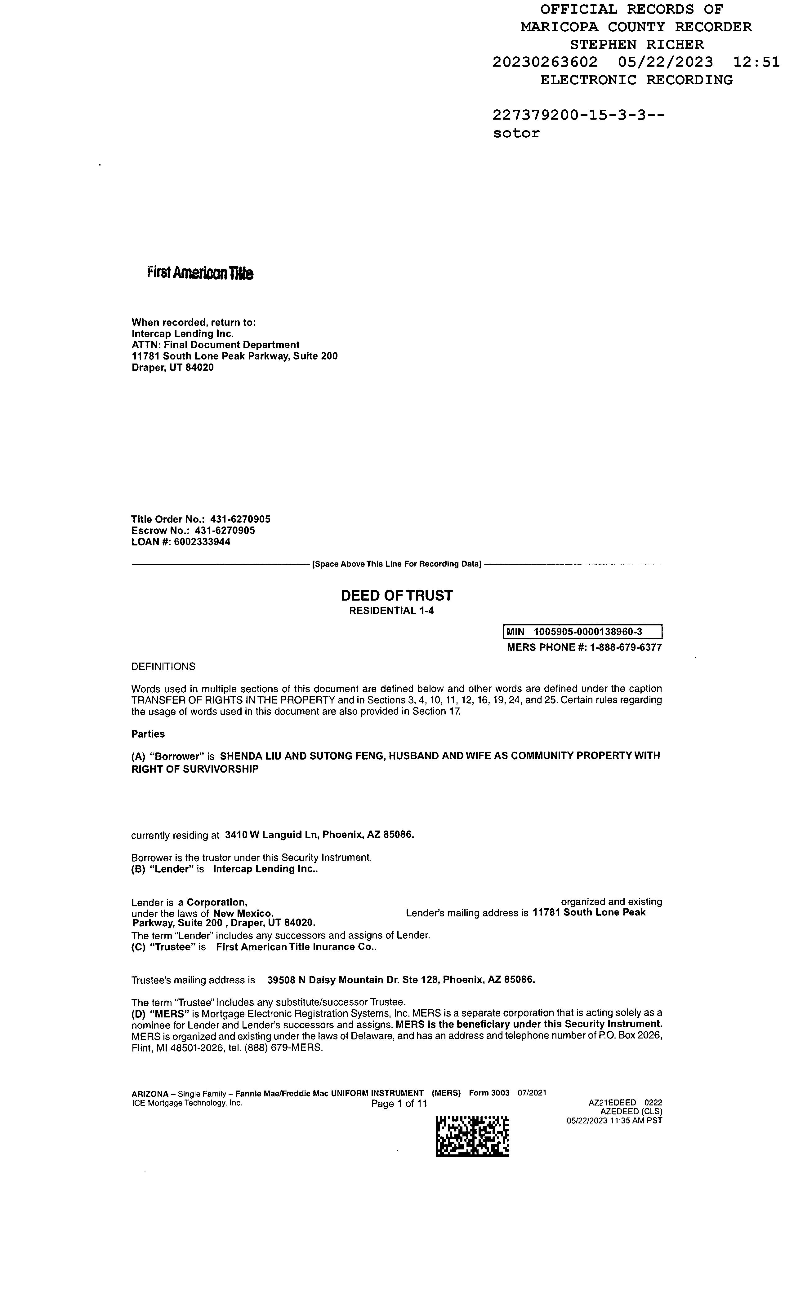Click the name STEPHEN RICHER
click(x=636, y=45)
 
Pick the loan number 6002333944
click(x=202, y=542)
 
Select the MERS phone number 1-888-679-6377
click(x=625, y=647)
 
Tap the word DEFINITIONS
click(x=163, y=667)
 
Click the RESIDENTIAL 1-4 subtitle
click(x=391, y=611)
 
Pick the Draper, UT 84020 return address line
click(x=172, y=368)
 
